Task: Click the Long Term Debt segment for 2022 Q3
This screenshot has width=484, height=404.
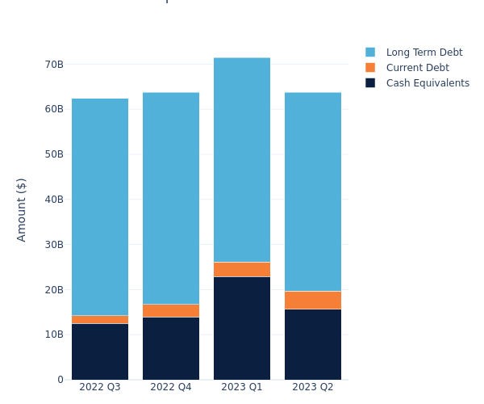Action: pos(100,207)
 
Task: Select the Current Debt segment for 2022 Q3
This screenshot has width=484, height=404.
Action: pos(100,319)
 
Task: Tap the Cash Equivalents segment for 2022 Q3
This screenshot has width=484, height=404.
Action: pos(100,351)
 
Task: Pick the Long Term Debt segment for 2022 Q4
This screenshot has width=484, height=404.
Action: pos(171,198)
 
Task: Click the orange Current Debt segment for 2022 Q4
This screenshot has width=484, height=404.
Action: pos(171,310)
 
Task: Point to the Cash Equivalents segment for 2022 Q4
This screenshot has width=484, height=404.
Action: pos(171,348)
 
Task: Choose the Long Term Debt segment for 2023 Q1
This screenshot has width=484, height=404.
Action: pos(242,160)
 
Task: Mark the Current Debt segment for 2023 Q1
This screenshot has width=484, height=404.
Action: pos(242,269)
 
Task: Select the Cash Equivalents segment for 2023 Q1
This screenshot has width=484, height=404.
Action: pos(242,328)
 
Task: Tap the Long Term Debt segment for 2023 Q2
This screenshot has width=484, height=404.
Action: pos(313,191)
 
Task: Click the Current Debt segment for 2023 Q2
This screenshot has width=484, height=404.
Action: pos(313,300)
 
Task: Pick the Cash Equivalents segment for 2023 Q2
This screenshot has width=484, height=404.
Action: pos(313,344)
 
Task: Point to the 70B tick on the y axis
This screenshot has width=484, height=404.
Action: pos(54,64)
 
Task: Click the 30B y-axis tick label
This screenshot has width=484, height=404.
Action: pos(54,244)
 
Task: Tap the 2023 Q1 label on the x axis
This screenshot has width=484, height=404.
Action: pos(242,387)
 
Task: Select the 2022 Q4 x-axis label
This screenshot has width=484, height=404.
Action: pos(171,387)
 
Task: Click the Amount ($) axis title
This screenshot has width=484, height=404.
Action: pos(22,209)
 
